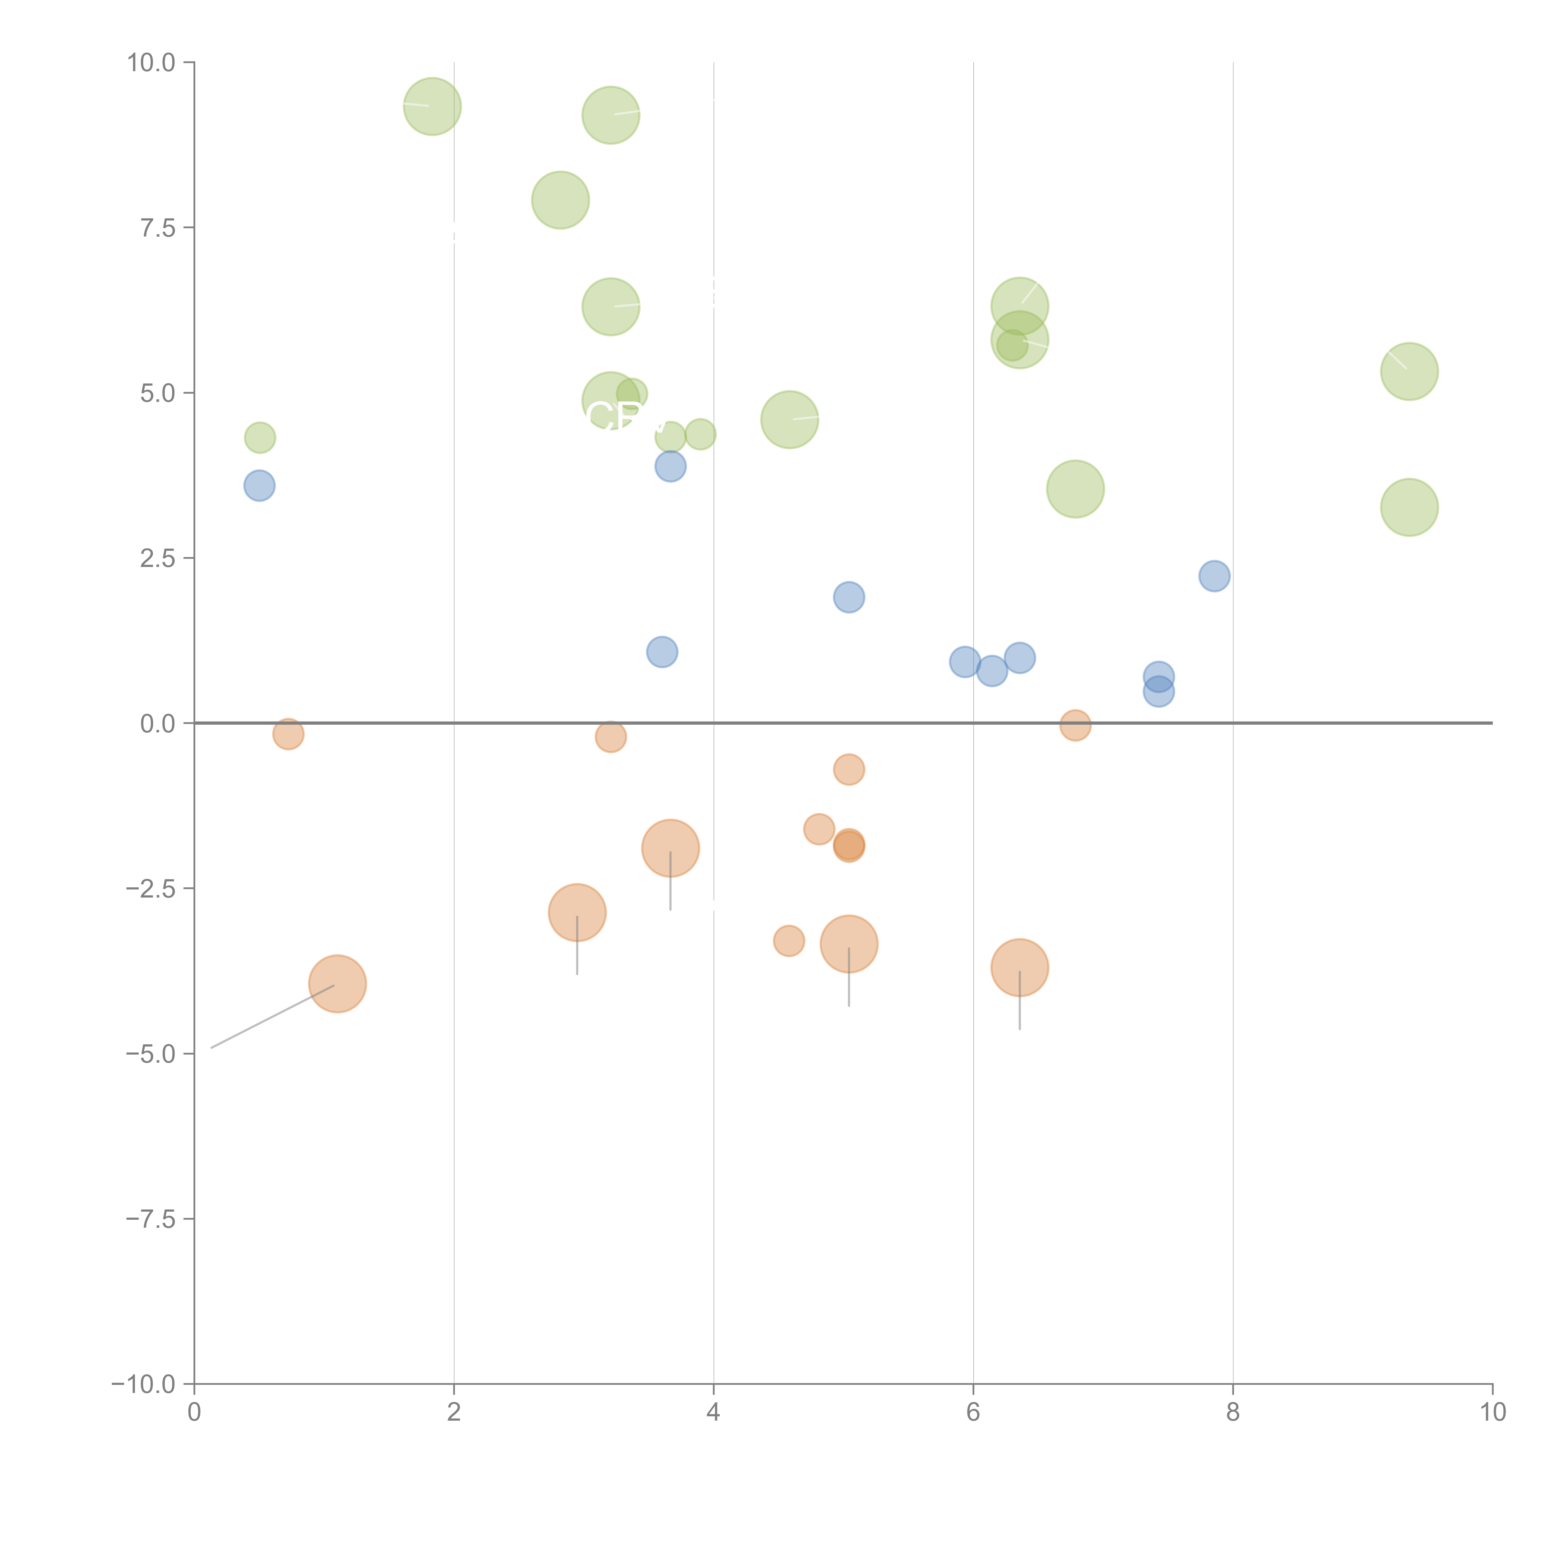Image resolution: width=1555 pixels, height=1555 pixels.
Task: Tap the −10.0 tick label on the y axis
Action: tap(143, 1384)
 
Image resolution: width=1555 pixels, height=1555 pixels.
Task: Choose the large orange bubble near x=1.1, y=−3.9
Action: tap(337, 984)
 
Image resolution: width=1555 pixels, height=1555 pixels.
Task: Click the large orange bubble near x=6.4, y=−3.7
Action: tap(1020, 968)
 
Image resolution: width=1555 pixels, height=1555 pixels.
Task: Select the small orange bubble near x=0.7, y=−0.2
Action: tap(288, 733)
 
